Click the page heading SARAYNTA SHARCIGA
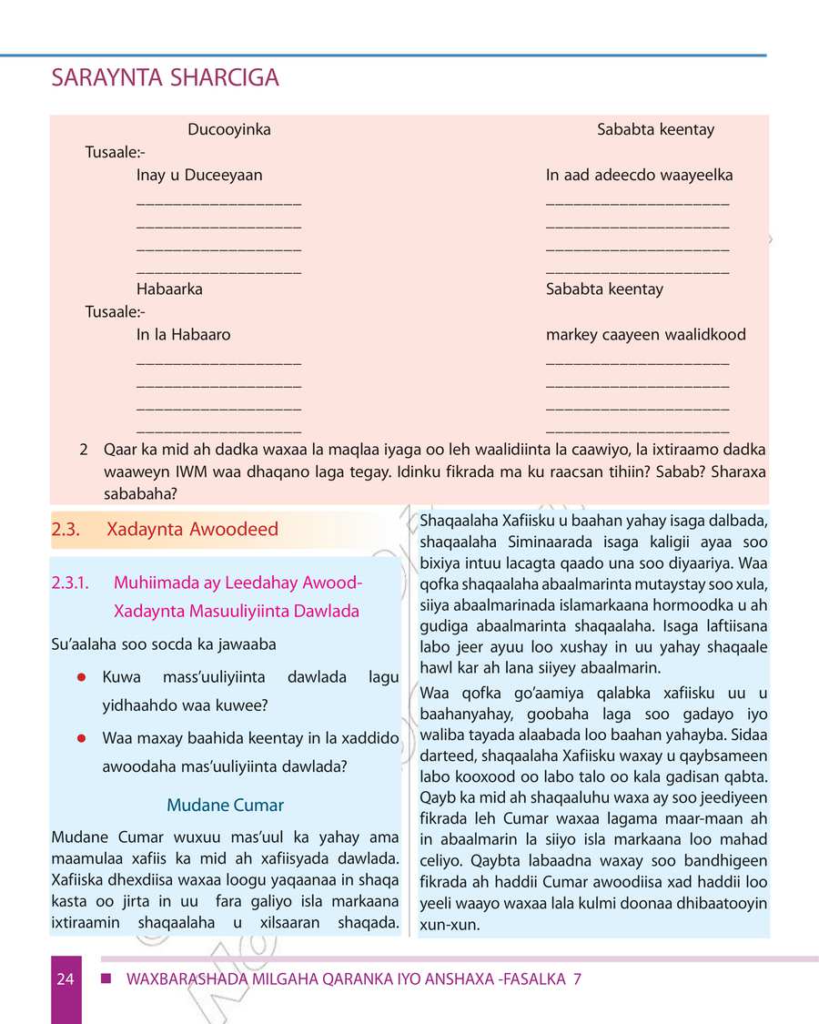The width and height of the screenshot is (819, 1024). tap(165, 79)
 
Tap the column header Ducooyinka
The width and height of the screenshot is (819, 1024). tap(228, 129)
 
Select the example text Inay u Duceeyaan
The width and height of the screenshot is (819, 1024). tap(199, 175)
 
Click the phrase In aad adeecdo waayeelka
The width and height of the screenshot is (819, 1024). tap(639, 175)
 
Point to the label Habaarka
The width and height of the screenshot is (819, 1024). tap(169, 289)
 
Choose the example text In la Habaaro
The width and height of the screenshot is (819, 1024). tap(183, 334)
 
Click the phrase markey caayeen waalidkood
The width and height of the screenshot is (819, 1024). tap(645, 334)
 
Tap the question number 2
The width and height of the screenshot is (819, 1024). tap(84, 450)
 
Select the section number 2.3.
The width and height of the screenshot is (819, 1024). tap(67, 530)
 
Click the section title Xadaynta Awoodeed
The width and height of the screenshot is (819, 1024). tap(192, 530)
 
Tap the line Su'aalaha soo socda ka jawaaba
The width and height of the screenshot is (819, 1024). tap(164, 644)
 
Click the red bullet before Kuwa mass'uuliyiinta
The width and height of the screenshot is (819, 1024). tap(81, 677)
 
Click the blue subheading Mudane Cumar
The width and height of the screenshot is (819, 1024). tap(225, 805)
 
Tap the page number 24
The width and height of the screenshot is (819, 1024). tap(65, 979)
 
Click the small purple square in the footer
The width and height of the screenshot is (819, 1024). tap(106, 978)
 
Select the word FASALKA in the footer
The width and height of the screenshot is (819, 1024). tap(528, 979)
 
